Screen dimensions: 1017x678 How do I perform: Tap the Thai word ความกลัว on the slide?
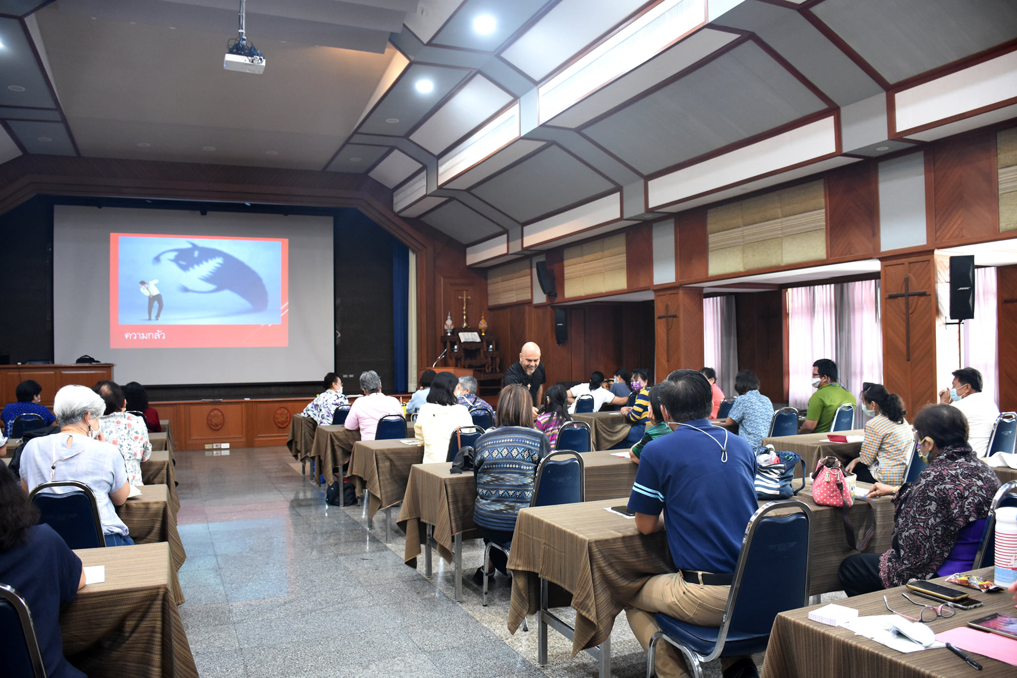coord(145,335)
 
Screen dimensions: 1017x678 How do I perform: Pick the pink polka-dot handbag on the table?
coord(833,482)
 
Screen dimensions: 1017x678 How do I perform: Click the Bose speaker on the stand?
coord(961,288)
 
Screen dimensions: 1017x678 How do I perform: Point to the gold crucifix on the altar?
coord(465,307)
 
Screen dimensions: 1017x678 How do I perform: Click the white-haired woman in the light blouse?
coord(79,462)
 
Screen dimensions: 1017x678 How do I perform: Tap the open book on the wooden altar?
coord(469,337)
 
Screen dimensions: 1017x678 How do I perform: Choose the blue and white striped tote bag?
coord(777,474)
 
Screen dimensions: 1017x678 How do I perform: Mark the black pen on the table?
coord(963,656)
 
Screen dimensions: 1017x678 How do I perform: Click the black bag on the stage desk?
coord(88,359)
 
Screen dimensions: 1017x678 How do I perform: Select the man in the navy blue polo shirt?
coord(693,512)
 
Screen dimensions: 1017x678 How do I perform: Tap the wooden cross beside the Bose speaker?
coord(908,318)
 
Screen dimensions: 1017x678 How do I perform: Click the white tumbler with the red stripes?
coord(1006,546)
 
